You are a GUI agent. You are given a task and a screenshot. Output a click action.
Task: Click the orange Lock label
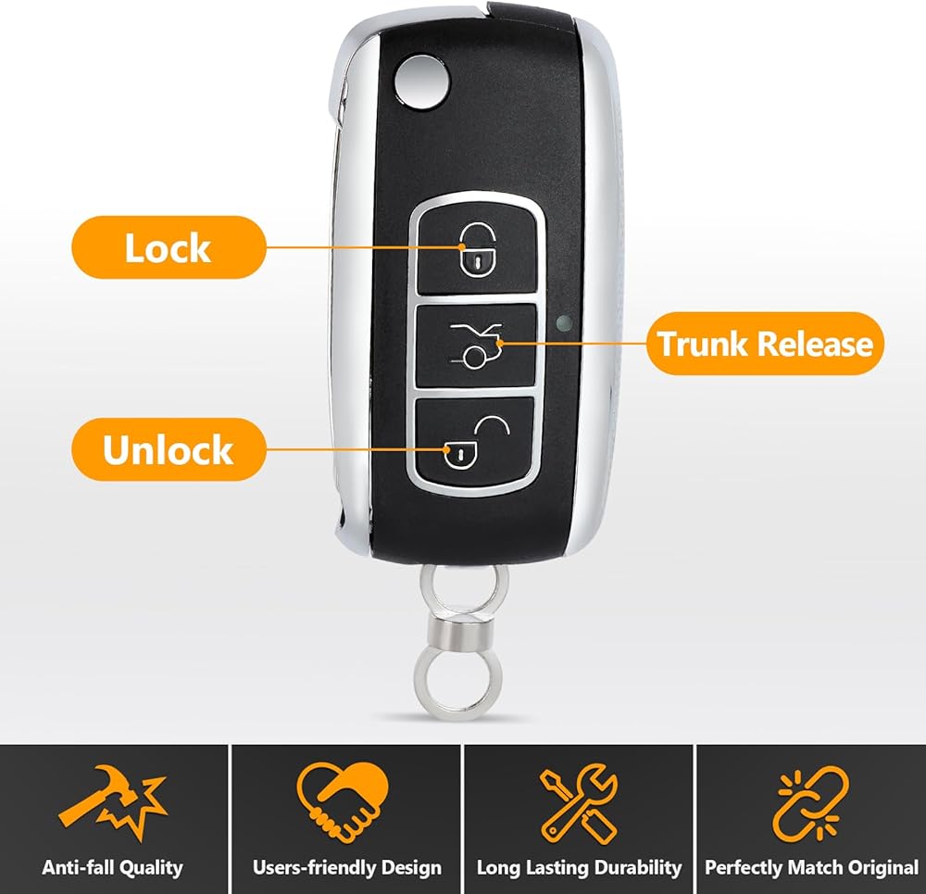pos(168,247)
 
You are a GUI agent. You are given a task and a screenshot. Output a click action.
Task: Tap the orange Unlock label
pos(168,450)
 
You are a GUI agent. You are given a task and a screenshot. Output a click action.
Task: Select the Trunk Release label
pos(765,344)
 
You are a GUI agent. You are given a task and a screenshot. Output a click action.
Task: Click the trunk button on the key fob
pos(475,345)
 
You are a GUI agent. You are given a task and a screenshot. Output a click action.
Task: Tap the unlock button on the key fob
pos(475,442)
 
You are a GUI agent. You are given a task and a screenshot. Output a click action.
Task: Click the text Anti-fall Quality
pos(112,868)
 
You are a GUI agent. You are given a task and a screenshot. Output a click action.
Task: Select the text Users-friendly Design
pos(346,868)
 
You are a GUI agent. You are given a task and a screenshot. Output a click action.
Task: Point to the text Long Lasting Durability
pos(579,868)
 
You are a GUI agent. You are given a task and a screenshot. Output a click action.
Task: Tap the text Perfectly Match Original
pos(811,868)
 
